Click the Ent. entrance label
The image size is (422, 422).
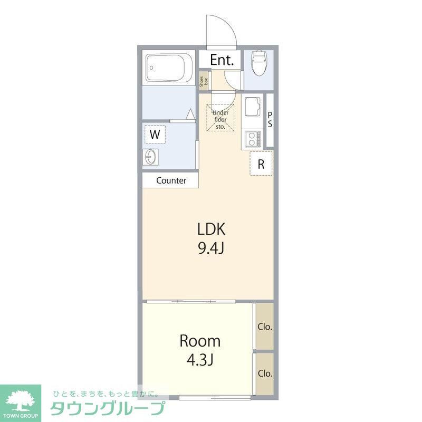coord(222,60)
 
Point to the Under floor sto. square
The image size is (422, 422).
coord(220,118)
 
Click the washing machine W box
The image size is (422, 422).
coord(155,134)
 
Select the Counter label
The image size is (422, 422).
coord(171,180)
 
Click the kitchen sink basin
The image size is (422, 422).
coord(253,108)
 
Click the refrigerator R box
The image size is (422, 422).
coord(261,164)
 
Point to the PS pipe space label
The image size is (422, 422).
coord(270,120)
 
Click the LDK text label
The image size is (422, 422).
coord(212,229)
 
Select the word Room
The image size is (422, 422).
coord(200,340)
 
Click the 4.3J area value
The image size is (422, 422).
coord(200,360)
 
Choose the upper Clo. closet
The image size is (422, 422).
coord(265,327)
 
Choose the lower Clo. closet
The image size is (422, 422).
coord(265,373)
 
